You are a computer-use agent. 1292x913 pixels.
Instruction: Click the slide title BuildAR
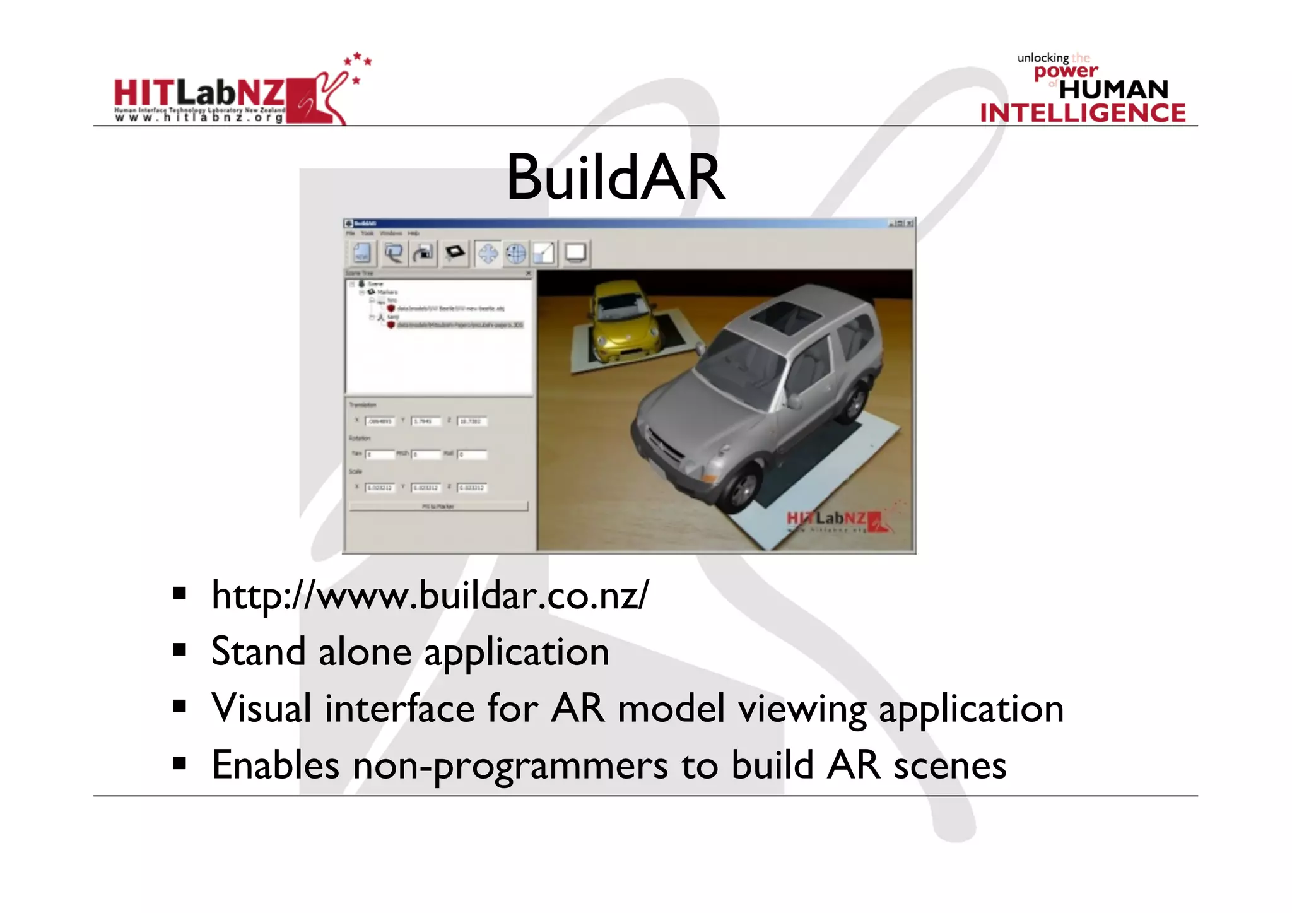(x=615, y=178)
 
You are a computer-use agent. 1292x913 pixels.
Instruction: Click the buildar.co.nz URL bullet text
(x=430, y=595)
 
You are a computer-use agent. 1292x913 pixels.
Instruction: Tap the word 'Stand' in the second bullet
(x=258, y=652)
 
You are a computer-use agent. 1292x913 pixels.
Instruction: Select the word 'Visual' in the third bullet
(x=261, y=708)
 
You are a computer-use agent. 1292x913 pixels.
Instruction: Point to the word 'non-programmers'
(x=510, y=765)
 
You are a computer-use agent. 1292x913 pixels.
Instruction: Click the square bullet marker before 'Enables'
(x=180, y=764)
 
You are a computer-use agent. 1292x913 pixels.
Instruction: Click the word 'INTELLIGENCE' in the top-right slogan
(x=1083, y=114)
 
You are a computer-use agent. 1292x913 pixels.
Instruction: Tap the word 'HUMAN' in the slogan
(x=1113, y=90)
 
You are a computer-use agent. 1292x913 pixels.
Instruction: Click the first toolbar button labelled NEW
(x=361, y=254)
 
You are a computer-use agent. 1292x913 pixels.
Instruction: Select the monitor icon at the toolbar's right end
(x=575, y=254)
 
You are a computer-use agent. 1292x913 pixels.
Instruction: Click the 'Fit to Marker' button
(x=438, y=506)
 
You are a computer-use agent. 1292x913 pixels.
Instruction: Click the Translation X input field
(x=380, y=421)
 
